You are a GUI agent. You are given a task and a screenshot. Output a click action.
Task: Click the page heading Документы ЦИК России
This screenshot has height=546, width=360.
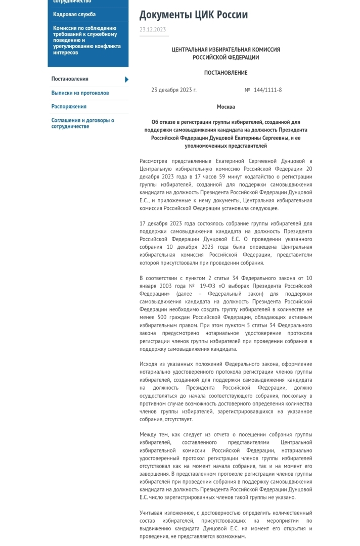[x=194, y=15]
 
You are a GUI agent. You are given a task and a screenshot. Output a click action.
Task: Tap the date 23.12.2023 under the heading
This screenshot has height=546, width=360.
[x=153, y=29]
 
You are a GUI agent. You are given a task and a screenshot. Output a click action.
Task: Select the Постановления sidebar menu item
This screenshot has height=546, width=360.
[x=70, y=79]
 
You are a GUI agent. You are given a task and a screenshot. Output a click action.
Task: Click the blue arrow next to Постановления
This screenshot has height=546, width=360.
[x=126, y=79]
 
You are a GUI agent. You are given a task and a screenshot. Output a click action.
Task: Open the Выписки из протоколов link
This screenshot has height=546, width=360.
[x=80, y=93]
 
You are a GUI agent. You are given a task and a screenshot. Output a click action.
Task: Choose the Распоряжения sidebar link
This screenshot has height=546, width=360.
[x=69, y=107]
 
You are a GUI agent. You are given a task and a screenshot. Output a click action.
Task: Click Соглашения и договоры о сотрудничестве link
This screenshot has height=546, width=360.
[x=82, y=123]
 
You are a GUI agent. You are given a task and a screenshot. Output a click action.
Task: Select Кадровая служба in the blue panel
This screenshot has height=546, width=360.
[x=74, y=14]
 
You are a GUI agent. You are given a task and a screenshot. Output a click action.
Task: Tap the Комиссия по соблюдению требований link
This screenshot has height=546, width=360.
[x=86, y=40]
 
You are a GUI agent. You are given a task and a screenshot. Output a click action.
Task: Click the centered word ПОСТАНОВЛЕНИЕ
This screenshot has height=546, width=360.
[x=226, y=73]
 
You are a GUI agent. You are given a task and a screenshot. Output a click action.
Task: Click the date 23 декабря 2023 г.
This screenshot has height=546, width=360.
[x=174, y=90]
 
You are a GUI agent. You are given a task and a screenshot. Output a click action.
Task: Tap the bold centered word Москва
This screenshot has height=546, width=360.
[x=226, y=107]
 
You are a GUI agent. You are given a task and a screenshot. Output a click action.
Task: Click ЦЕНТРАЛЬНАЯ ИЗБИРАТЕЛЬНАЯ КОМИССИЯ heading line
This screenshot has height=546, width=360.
[x=226, y=50]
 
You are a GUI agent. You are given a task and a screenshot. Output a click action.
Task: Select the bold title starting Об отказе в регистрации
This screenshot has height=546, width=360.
[x=226, y=134]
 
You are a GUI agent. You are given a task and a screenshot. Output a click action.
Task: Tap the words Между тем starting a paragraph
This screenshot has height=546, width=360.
[x=156, y=435]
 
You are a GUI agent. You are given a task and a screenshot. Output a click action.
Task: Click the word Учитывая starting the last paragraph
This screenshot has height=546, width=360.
[x=152, y=513]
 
